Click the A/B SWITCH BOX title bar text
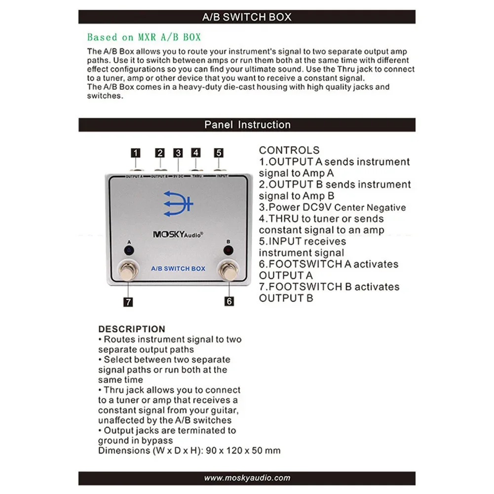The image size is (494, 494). tap(247, 17)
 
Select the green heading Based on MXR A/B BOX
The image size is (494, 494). tap(144, 37)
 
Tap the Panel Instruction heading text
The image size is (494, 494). tap(247, 125)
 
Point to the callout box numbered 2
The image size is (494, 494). tap(159, 152)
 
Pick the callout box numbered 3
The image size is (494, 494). tap(178, 152)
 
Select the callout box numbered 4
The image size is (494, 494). tap(196, 152)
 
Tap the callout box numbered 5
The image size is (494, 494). tap(219, 152)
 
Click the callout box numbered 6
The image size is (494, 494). tap(229, 301)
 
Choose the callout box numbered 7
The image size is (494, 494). tap(128, 301)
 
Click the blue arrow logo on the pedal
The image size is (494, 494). tap(178, 204)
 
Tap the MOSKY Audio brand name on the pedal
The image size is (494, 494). tap(178, 235)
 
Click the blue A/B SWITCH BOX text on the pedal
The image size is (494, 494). tap(178, 268)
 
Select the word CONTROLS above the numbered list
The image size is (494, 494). tap(289, 150)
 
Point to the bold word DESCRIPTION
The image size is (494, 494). tap(132, 329)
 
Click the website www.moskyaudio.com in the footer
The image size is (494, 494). tap(247, 478)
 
